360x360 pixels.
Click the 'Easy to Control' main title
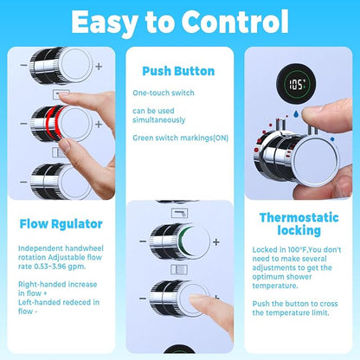pos(180,22)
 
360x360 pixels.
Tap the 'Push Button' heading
pos(178,71)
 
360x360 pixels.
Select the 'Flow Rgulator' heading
pos(61,224)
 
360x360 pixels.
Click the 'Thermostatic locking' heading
pos(299,224)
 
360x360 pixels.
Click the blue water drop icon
pos(296,114)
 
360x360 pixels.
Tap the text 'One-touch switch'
pos(164,93)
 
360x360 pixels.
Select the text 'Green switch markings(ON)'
pos(181,138)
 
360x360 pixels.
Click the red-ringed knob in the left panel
pos(61,124)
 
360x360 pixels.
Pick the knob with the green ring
pos(180,241)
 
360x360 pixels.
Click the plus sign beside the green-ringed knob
pos(216,241)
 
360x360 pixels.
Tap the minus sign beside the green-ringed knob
pos(143,241)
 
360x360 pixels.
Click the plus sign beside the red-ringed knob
pos(99,124)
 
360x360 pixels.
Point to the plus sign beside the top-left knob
pos(99,67)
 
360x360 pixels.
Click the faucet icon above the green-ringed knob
pos(180,213)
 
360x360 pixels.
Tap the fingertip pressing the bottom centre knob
pos(198,301)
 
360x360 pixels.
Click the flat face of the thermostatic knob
pos(316,160)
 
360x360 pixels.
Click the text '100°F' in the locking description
pos(298,249)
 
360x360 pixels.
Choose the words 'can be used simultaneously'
pos(159,115)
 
